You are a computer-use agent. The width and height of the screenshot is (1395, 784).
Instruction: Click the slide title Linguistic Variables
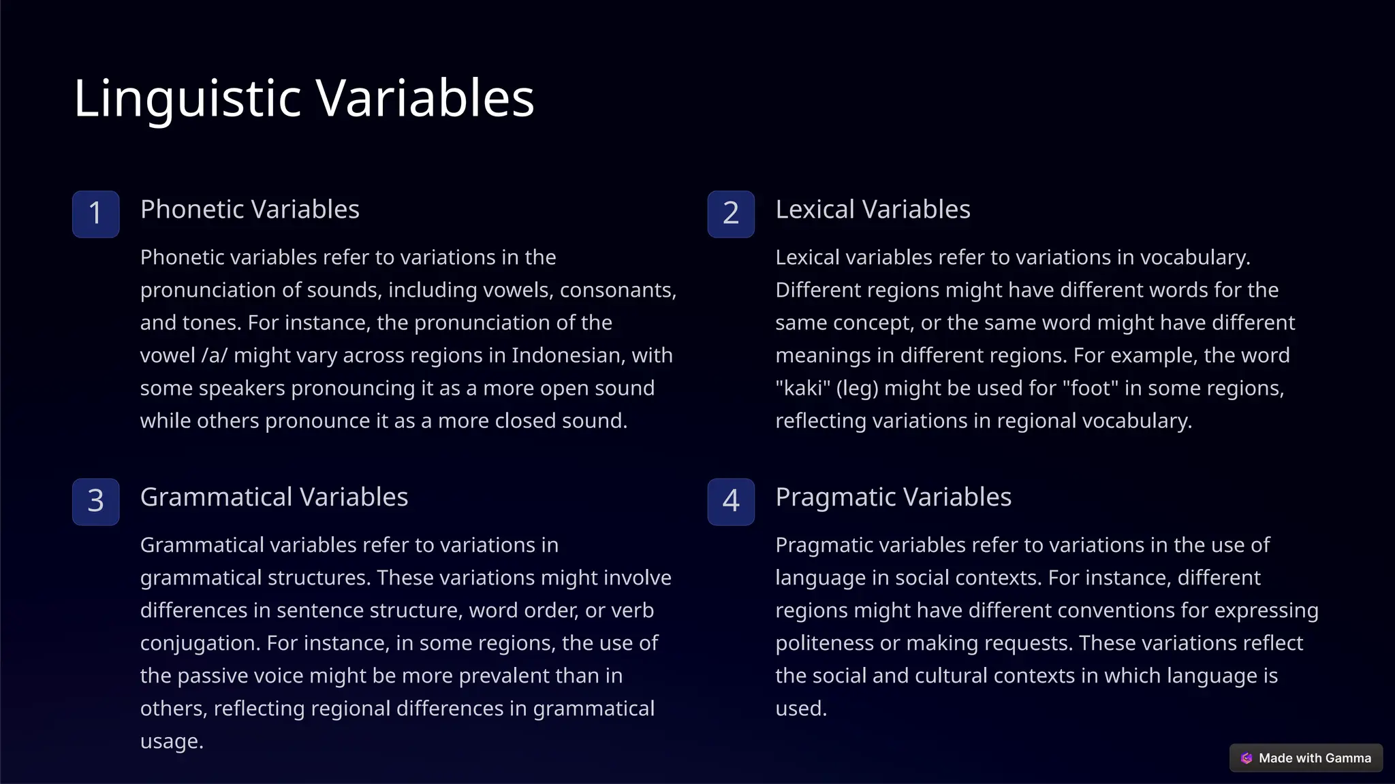point(304,98)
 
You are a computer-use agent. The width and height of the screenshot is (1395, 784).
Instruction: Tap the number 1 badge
point(96,214)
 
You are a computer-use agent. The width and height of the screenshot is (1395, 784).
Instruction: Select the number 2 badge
point(731,214)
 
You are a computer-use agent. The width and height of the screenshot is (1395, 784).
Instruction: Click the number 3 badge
point(96,502)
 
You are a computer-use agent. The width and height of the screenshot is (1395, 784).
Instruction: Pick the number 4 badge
point(731,502)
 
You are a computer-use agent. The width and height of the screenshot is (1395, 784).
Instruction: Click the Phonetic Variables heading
point(250,210)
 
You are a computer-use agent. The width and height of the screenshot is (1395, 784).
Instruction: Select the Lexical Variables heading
point(873,210)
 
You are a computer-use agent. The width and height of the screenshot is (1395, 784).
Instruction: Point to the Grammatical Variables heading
point(274,497)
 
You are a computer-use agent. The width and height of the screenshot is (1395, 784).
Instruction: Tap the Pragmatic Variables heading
point(893,497)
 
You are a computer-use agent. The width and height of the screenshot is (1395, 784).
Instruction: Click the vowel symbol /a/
point(215,355)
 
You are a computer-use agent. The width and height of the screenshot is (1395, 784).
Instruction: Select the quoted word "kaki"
point(802,388)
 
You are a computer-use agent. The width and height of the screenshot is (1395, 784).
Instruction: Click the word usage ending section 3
point(171,741)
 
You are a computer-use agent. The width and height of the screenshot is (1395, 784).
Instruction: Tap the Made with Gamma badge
point(1306,758)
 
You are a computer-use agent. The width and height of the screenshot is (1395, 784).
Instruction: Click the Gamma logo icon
point(1247,758)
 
